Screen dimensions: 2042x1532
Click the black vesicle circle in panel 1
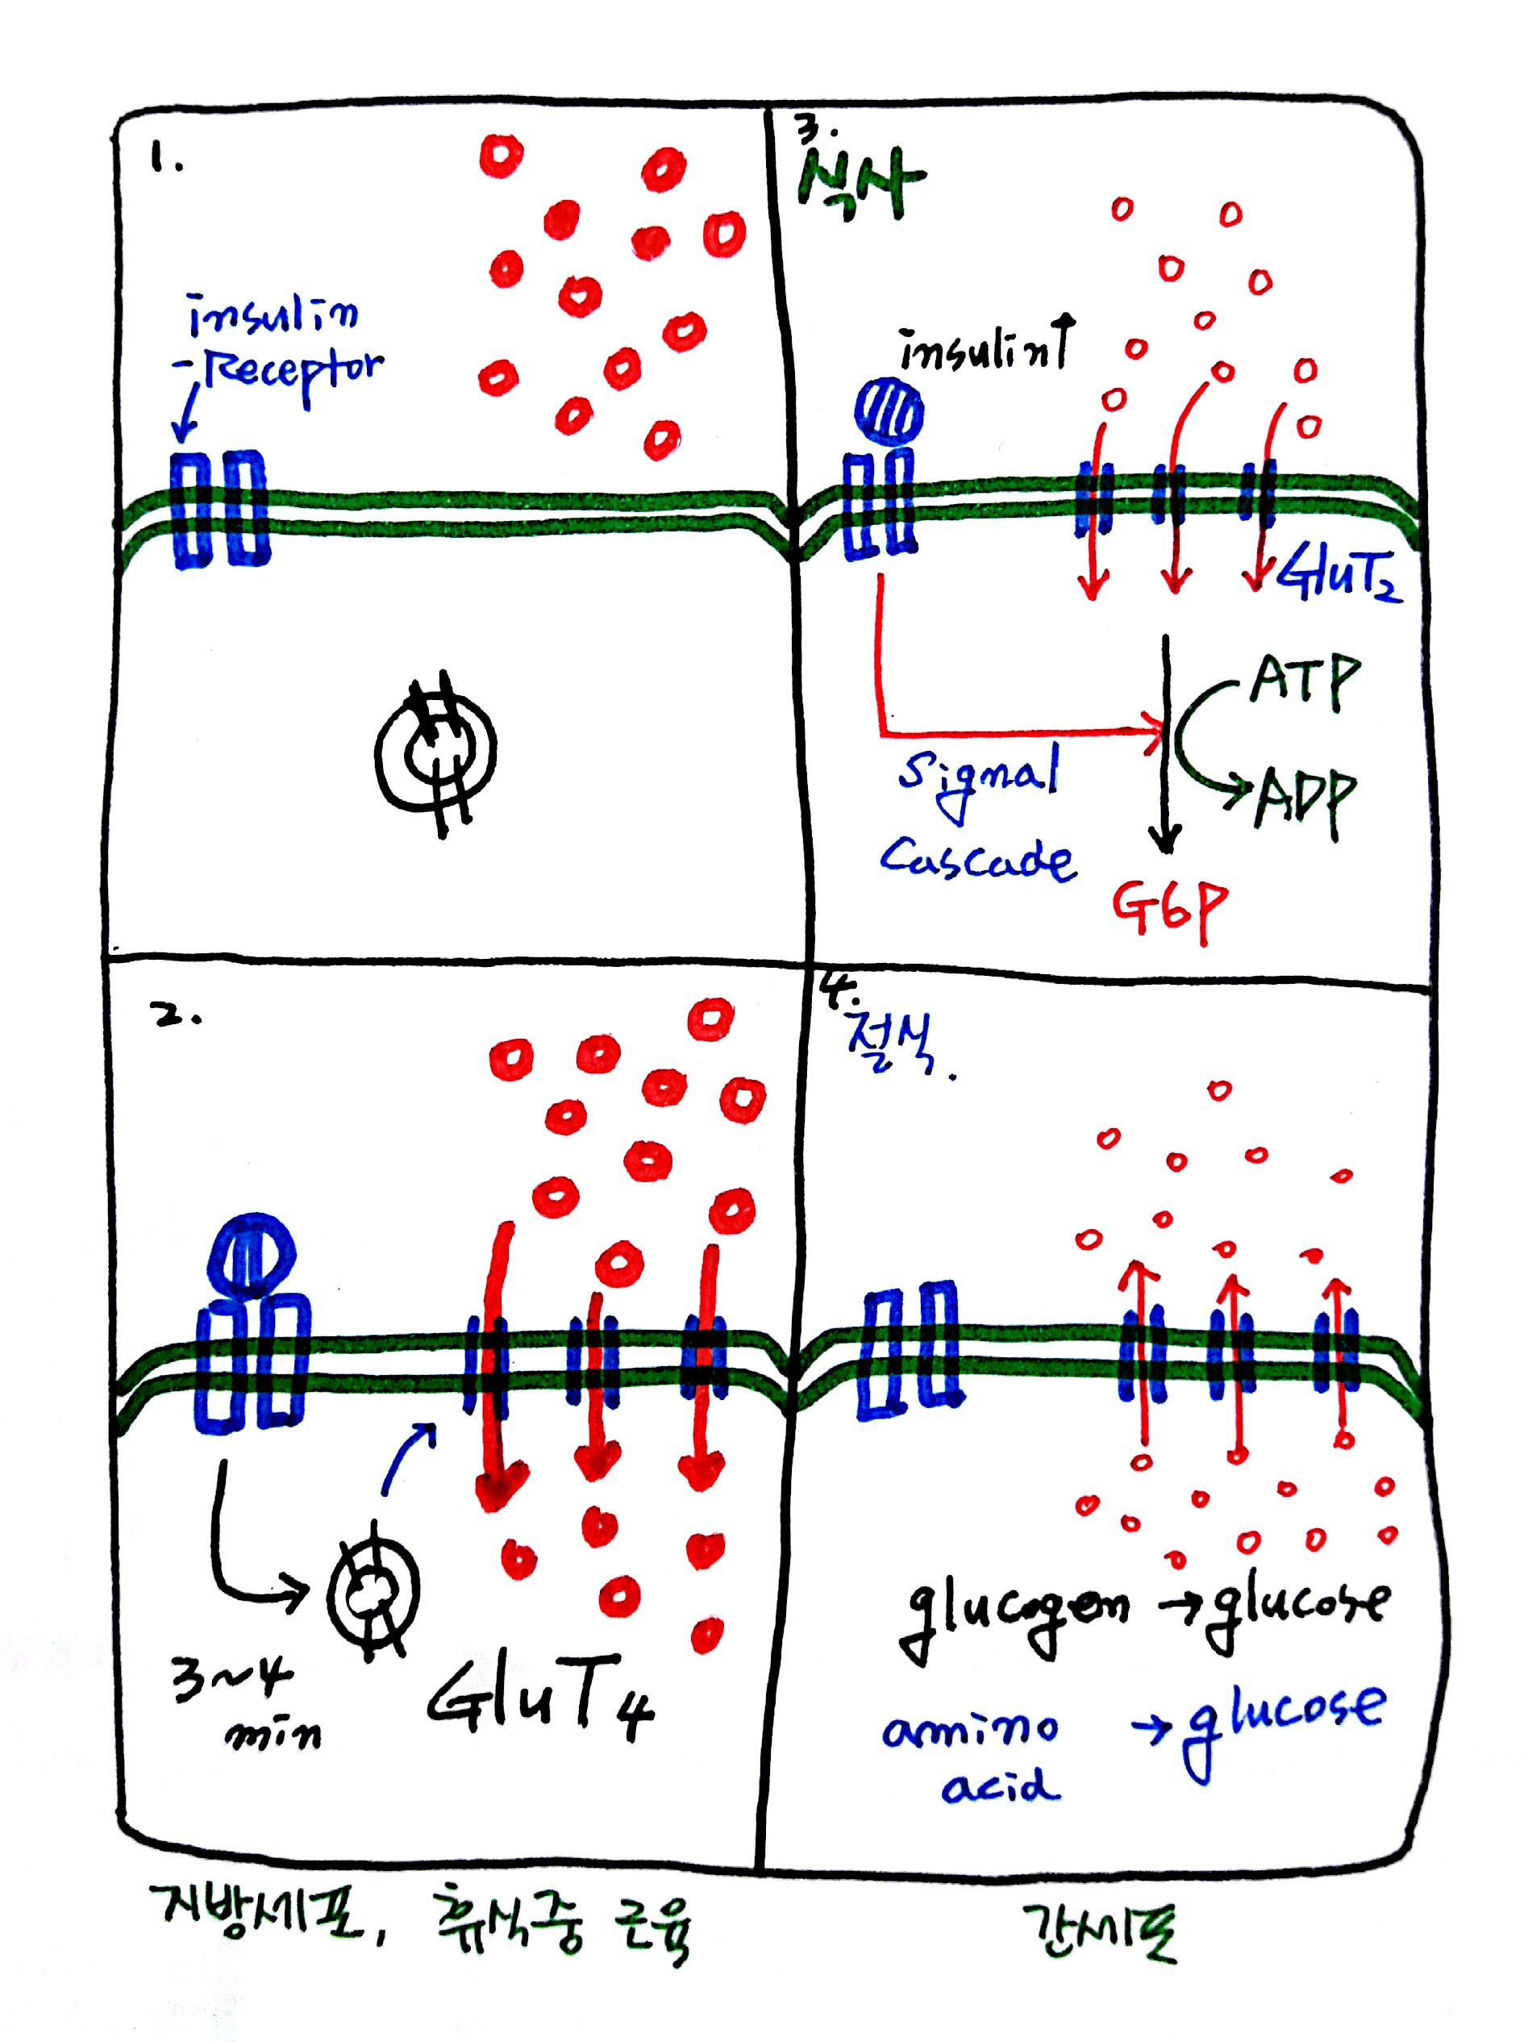435,749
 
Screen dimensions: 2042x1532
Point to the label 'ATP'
1304,681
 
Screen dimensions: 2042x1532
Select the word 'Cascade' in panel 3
977,861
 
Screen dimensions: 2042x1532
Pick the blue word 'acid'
1001,1786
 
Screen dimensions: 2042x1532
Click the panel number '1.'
166,161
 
